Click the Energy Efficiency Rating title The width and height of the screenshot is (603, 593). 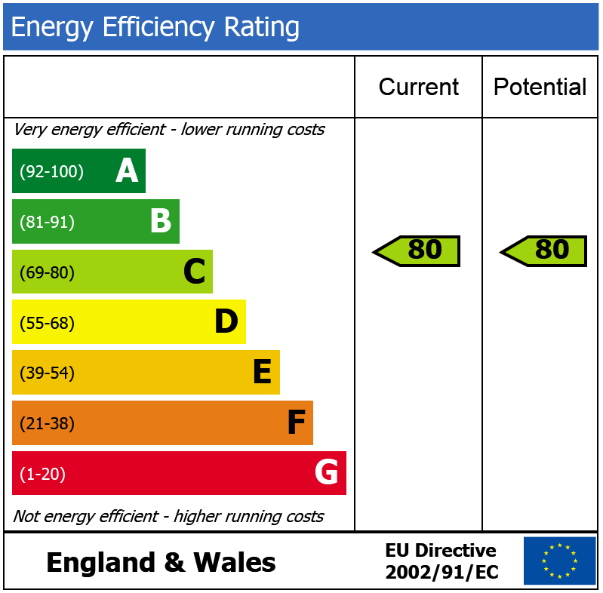click(155, 27)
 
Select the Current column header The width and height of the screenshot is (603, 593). click(418, 87)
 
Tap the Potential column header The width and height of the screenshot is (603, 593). click(540, 87)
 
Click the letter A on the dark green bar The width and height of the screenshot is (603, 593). click(127, 171)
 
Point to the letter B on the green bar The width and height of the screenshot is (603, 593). click(160, 222)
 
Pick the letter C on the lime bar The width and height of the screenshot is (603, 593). click(194, 272)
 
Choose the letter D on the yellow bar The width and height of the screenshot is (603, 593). click(226, 323)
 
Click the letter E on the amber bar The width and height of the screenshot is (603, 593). click(261, 373)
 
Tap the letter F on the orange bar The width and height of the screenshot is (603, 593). click(295, 423)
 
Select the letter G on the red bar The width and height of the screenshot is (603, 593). click(326, 473)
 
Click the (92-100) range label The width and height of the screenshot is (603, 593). click(51, 171)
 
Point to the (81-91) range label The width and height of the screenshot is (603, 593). click(47, 222)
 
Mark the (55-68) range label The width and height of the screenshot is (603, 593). click(47, 323)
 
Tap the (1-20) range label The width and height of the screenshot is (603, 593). click(42, 474)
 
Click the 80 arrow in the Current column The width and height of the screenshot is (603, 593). click(417, 250)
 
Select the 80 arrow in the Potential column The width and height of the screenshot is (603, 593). click(544, 250)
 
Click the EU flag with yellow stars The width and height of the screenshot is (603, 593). click(559, 561)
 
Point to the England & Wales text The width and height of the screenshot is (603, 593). click(161, 563)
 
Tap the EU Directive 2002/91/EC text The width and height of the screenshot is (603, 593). click(441, 561)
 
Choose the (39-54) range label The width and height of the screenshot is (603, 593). click(47, 373)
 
